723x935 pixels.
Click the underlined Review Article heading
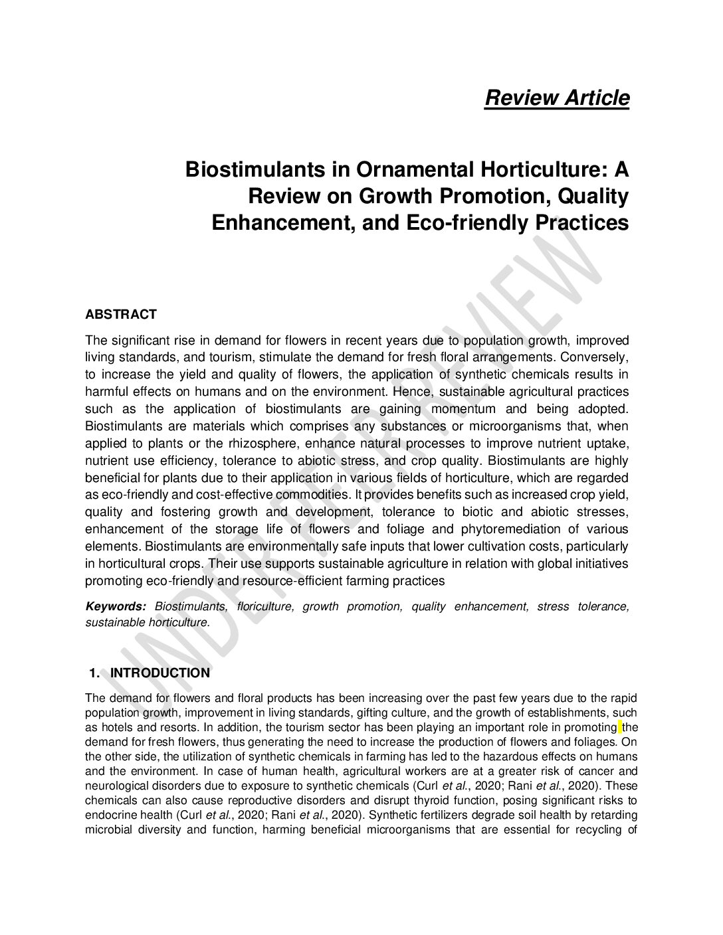pos(557,98)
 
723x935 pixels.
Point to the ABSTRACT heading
pos(121,314)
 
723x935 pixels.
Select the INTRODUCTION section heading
pos(159,673)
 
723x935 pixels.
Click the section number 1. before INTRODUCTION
pos(94,673)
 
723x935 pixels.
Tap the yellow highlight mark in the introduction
pos(620,727)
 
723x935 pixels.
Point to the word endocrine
pos(109,814)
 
